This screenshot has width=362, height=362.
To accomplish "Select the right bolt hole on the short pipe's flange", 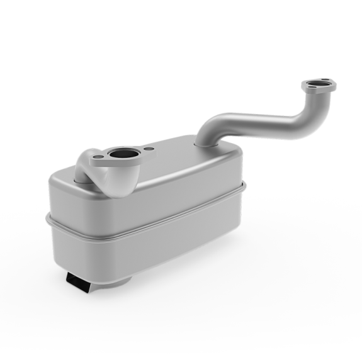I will pyautogui.click(x=149, y=149).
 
